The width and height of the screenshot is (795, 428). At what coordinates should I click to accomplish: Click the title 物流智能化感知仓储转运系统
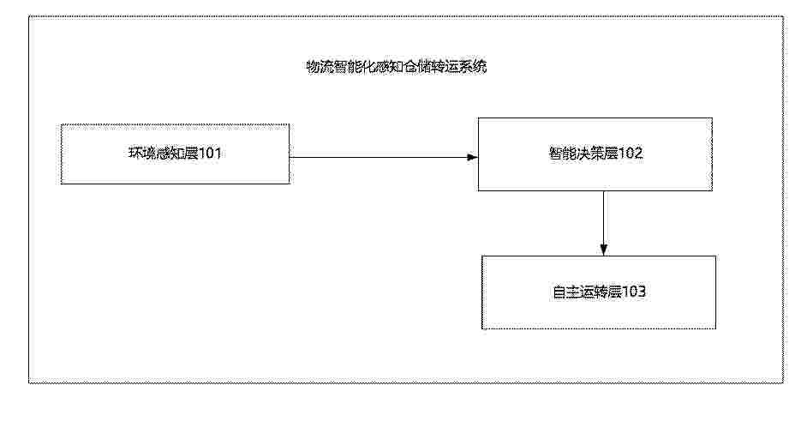tap(397, 67)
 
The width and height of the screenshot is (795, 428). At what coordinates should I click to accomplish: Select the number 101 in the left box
tap(209, 153)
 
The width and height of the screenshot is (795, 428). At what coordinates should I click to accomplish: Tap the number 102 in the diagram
tap(631, 153)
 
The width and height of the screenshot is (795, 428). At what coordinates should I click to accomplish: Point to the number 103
tap(633, 292)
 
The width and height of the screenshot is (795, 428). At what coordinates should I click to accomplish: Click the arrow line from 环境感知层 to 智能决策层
tap(384, 157)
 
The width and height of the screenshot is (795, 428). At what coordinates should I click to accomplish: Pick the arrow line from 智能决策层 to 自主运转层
tap(603, 223)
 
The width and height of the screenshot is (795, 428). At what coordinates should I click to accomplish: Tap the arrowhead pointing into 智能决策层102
tap(473, 157)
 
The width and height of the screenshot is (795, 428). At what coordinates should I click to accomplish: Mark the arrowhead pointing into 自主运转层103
tap(603, 250)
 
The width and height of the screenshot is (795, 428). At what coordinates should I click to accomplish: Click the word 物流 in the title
tap(320, 67)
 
